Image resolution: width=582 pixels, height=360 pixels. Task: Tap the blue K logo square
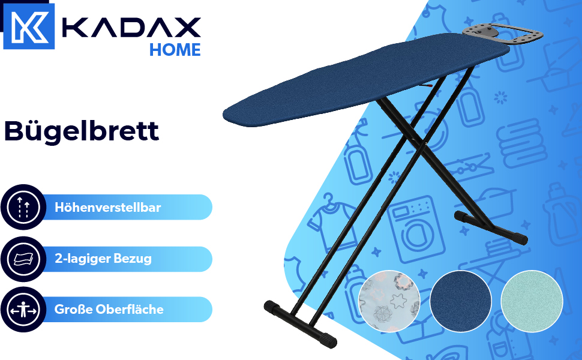tap(29, 26)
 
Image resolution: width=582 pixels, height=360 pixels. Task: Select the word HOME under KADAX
tap(175, 50)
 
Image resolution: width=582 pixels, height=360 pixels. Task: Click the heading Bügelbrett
tap(82, 131)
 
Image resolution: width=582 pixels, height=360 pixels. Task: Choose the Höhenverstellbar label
tap(107, 208)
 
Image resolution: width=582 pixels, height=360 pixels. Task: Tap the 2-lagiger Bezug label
tap(103, 259)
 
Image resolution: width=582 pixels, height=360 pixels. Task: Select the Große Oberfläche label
tap(109, 310)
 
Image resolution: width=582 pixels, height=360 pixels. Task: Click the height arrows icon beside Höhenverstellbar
tap(23, 207)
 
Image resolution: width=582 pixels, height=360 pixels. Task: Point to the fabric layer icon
tap(23, 259)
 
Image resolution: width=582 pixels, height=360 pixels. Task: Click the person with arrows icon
tap(23, 310)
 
